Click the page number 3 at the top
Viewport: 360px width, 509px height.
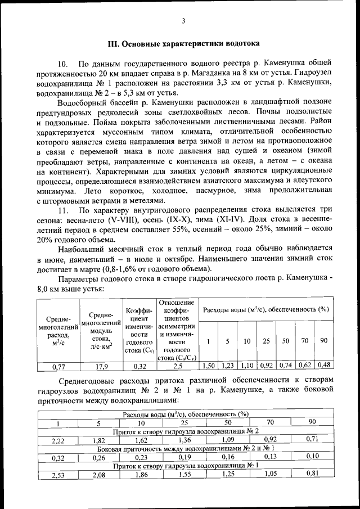pos(183,21)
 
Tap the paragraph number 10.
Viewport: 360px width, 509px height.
pos(62,62)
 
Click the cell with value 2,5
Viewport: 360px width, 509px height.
pos(177,366)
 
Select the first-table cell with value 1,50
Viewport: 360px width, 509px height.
pos(208,366)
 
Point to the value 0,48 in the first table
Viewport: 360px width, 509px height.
pos(323,366)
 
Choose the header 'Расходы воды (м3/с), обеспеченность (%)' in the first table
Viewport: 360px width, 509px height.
pos(265,309)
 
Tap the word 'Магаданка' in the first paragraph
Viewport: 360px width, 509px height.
pos(231,73)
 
